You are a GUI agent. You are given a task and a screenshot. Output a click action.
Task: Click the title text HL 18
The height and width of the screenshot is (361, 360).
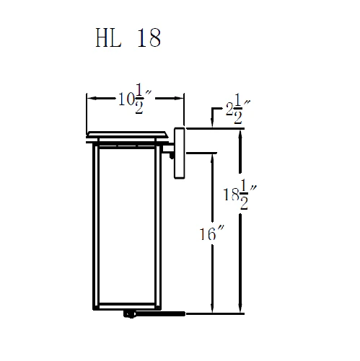127,38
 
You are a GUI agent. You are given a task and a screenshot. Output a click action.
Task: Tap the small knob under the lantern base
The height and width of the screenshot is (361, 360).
130,314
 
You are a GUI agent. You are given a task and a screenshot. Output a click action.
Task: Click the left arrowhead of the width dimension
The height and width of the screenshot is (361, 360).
89,96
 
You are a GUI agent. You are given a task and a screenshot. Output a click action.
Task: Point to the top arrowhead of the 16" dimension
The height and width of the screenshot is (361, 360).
211,156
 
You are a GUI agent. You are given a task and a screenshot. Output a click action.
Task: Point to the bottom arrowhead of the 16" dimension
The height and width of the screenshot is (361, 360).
211,310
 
